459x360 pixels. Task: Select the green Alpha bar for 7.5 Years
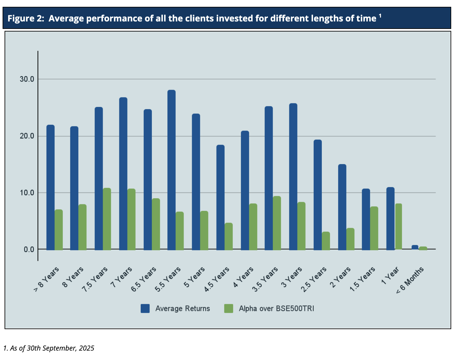107,219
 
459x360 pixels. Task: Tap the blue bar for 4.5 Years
220,197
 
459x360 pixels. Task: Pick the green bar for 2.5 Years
326,241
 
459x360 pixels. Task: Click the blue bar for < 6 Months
415,247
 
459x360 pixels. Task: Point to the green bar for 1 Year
399,226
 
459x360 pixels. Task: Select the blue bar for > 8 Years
50,187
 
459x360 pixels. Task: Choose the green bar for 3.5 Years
277,223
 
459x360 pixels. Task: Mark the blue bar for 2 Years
342,207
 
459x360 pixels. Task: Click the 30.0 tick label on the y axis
27,79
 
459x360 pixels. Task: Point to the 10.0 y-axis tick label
27,193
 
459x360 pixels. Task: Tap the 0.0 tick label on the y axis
29,250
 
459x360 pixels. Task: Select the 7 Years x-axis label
122,277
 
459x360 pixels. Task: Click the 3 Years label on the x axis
292,277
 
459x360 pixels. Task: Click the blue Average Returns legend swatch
145,309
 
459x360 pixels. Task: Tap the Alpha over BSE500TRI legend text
276,309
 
